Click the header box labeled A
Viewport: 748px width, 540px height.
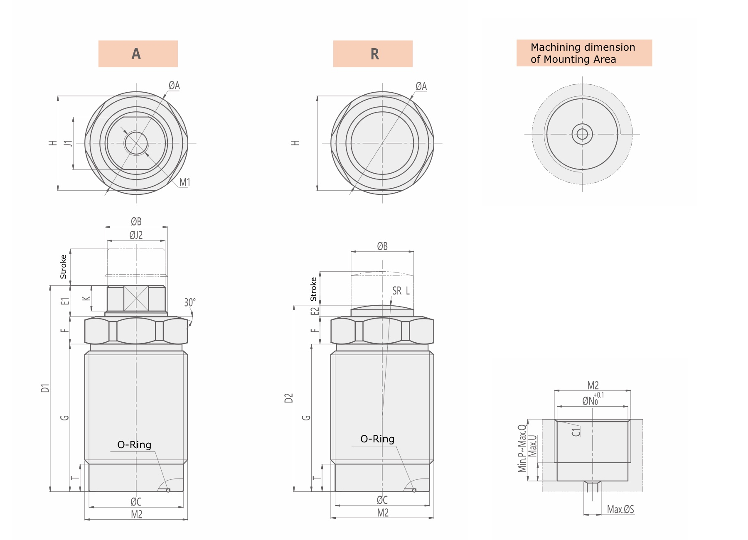[x=138, y=54]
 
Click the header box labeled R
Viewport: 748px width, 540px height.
[x=373, y=54]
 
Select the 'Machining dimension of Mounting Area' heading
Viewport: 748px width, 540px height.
[x=584, y=53]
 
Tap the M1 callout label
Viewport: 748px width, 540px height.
[x=185, y=182]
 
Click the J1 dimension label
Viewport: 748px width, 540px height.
[x=68, y=143]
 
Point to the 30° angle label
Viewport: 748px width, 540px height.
[x=189, y=302]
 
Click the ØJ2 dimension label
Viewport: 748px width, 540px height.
[x=136, y=235]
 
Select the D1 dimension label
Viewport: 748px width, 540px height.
[x=45, y=388]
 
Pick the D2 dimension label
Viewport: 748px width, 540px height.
[x=289, y=398]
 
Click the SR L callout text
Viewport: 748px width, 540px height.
[x=401, y=291]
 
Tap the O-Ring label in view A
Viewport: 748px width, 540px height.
[x=134, y=445]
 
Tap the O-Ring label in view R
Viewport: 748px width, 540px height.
[x=377, y=439]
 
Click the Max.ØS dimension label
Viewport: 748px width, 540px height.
[x=620, y=509]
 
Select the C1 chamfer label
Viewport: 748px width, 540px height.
[x=576, y=432]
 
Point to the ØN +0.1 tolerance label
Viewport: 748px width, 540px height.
[x=592, y=400]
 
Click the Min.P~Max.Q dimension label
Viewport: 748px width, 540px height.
[x=522, y=449]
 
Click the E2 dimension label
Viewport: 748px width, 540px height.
[x=315, y=311]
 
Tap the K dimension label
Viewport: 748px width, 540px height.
[x=86, y=298]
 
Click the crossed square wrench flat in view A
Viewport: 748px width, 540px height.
[x=136, y=298]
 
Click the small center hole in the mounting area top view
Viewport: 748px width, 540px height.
[x=582, y=134]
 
